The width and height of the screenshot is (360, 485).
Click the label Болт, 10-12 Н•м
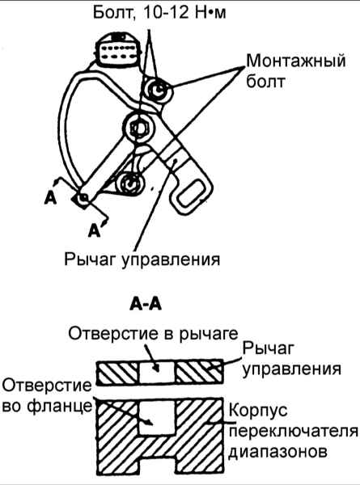tap(159, 13)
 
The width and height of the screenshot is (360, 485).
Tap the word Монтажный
tap(295, 61)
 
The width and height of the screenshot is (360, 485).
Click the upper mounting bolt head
tap(159, 91)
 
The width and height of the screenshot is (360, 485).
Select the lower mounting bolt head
tap(130, 184)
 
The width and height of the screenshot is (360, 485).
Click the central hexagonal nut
tap(139, 128)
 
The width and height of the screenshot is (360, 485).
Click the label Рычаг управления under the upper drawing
tap(142, 259)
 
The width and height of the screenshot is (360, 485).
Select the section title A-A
tap(146, 305)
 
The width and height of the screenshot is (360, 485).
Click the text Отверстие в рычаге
tap(153, 334)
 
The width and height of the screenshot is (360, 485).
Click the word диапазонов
tap(277, 452)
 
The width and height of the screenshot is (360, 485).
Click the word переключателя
tap(294, 431)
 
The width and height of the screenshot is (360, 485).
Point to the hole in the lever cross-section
tap(157, 372)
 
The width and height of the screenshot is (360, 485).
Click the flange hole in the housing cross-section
tap(157, 418)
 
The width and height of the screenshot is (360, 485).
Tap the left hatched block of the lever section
tap(118, 372)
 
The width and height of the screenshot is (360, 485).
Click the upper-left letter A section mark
tap(50, 198)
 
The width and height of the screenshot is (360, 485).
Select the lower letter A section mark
tap(94, 230)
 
